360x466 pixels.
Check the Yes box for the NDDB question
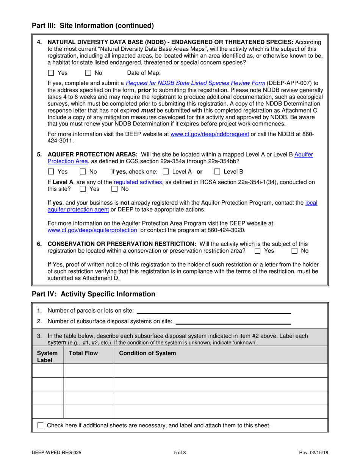[52, 73]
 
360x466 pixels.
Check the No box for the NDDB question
[88, 73]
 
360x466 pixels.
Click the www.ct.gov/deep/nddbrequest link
[210, 134]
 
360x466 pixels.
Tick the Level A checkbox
[166, 172]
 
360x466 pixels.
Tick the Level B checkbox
[217, 172]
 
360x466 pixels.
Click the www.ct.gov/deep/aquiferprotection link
[92, 230]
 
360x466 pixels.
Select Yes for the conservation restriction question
[258, 251]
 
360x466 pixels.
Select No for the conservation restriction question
[294, 251]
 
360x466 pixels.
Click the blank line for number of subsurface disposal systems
[233, 322]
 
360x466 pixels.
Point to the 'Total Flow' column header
[83, 353]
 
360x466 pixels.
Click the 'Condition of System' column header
[147, 353]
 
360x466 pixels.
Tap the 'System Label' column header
[47, 357]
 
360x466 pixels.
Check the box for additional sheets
[41, 425]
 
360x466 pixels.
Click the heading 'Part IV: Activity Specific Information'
[93, 294]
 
